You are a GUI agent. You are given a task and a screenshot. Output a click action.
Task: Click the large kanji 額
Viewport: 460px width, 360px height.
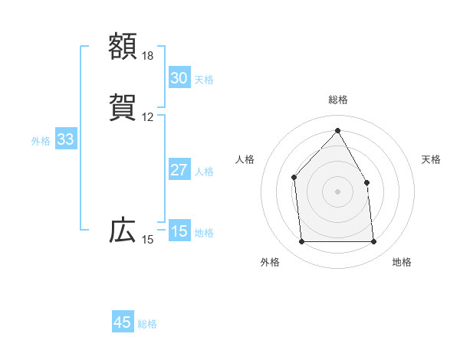[x=123, y=47]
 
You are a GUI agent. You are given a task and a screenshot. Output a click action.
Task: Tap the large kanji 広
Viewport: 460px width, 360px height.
[x=123, y=231]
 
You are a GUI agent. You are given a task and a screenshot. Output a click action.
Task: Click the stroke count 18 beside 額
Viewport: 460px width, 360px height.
[x=148, y=56]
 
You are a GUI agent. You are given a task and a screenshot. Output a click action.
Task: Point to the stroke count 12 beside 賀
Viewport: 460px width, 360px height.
[x=148, y=117]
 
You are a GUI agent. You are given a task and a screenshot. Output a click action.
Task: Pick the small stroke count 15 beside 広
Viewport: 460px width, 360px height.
[x=148, y=240]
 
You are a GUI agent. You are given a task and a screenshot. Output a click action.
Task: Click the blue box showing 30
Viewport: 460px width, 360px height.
[x=179, y=78]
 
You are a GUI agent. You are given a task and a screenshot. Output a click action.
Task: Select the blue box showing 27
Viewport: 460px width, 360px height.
[x=179, y=170]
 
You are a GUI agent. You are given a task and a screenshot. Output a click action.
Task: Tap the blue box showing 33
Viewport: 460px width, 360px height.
[x=65, y=139]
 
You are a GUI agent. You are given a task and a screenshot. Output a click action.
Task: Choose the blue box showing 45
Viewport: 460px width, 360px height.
[x=123, y=322]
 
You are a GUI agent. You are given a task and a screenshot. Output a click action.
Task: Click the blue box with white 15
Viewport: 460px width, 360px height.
[x=179, y=231]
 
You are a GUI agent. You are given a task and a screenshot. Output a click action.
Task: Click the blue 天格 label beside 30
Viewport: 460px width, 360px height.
[x=204, y=80]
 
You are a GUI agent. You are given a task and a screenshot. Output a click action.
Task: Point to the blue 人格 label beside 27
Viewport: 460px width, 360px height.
[x=204, y=172]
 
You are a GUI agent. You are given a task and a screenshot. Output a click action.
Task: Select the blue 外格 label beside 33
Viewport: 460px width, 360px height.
[x=41, y=141]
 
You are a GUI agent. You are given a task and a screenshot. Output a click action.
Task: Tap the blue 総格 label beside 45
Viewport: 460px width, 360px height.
[x=147, y=324]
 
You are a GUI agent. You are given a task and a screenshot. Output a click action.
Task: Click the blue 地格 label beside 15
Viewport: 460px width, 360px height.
[x=204, y=233]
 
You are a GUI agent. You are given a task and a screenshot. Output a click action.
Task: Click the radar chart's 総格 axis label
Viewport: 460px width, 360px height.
[x=338, y=100]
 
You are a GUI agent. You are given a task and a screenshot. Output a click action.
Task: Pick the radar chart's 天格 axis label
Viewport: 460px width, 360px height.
[x=432, y=159]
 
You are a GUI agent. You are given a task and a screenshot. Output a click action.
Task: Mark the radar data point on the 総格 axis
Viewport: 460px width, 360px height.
[x=337, y=130]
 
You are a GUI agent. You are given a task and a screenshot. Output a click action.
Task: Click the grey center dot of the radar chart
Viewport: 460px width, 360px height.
[x=337, y=191]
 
